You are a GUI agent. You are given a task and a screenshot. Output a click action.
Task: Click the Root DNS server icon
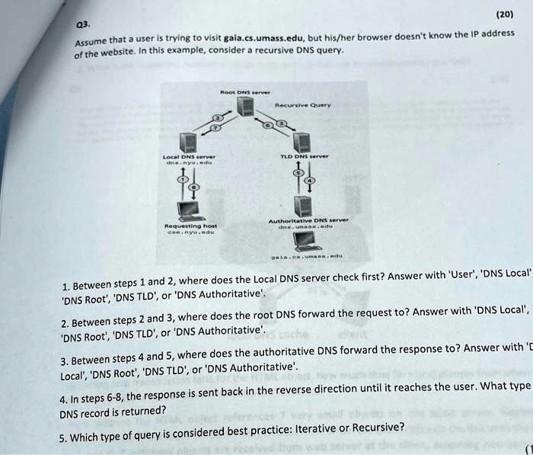[244, 107]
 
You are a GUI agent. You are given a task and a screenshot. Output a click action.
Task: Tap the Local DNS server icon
[187, 143]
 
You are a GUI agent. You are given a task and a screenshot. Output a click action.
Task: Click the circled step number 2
[216, 117]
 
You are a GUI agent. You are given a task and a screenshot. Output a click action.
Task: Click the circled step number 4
[311, 182]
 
